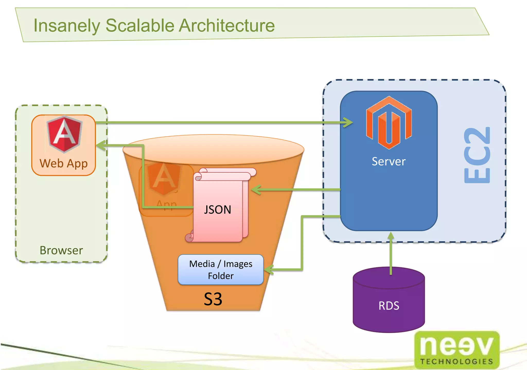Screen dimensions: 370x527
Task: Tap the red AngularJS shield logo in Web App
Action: (x=65, y=134)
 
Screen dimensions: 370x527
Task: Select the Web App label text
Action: (x=64, y=164)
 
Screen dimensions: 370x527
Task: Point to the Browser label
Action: (x=61, y=250)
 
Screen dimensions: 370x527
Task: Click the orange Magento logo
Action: (x=389, y=123)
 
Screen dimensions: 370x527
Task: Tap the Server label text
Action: (x=389, y=161)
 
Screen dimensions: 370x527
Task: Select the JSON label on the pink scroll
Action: (x=217, y=210)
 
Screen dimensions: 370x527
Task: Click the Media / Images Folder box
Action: (x=221, y=270)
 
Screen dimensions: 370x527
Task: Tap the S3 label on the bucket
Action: (x=213, y=299)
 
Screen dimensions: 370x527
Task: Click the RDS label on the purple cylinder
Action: (x=389, y=306)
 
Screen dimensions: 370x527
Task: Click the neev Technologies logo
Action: (x=457, y=350)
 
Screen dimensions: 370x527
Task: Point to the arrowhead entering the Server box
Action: (x=349, y=122)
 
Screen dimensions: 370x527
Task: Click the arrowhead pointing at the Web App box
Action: (x=101, y=146)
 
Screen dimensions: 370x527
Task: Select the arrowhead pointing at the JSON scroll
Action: (x=256, y=190)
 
